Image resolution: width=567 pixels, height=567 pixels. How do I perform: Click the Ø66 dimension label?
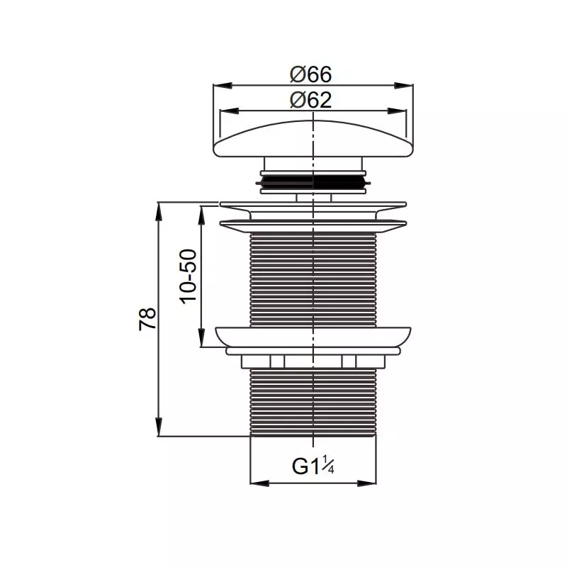pos(310,74)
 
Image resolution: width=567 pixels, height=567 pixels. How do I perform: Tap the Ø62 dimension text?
pos(310,100)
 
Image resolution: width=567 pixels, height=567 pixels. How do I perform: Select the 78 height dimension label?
pos(147,318)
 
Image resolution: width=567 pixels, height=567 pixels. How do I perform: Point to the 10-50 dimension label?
pos(188,276)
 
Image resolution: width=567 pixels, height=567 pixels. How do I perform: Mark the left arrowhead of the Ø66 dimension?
pos(223,86)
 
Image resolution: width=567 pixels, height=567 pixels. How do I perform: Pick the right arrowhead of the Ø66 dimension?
pos(404,86)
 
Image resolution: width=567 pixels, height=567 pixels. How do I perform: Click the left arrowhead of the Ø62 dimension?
pos(229,111)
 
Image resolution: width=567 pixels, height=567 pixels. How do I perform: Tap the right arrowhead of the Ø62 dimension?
pos(397,111)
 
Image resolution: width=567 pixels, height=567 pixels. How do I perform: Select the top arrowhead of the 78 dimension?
pos(158,211)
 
